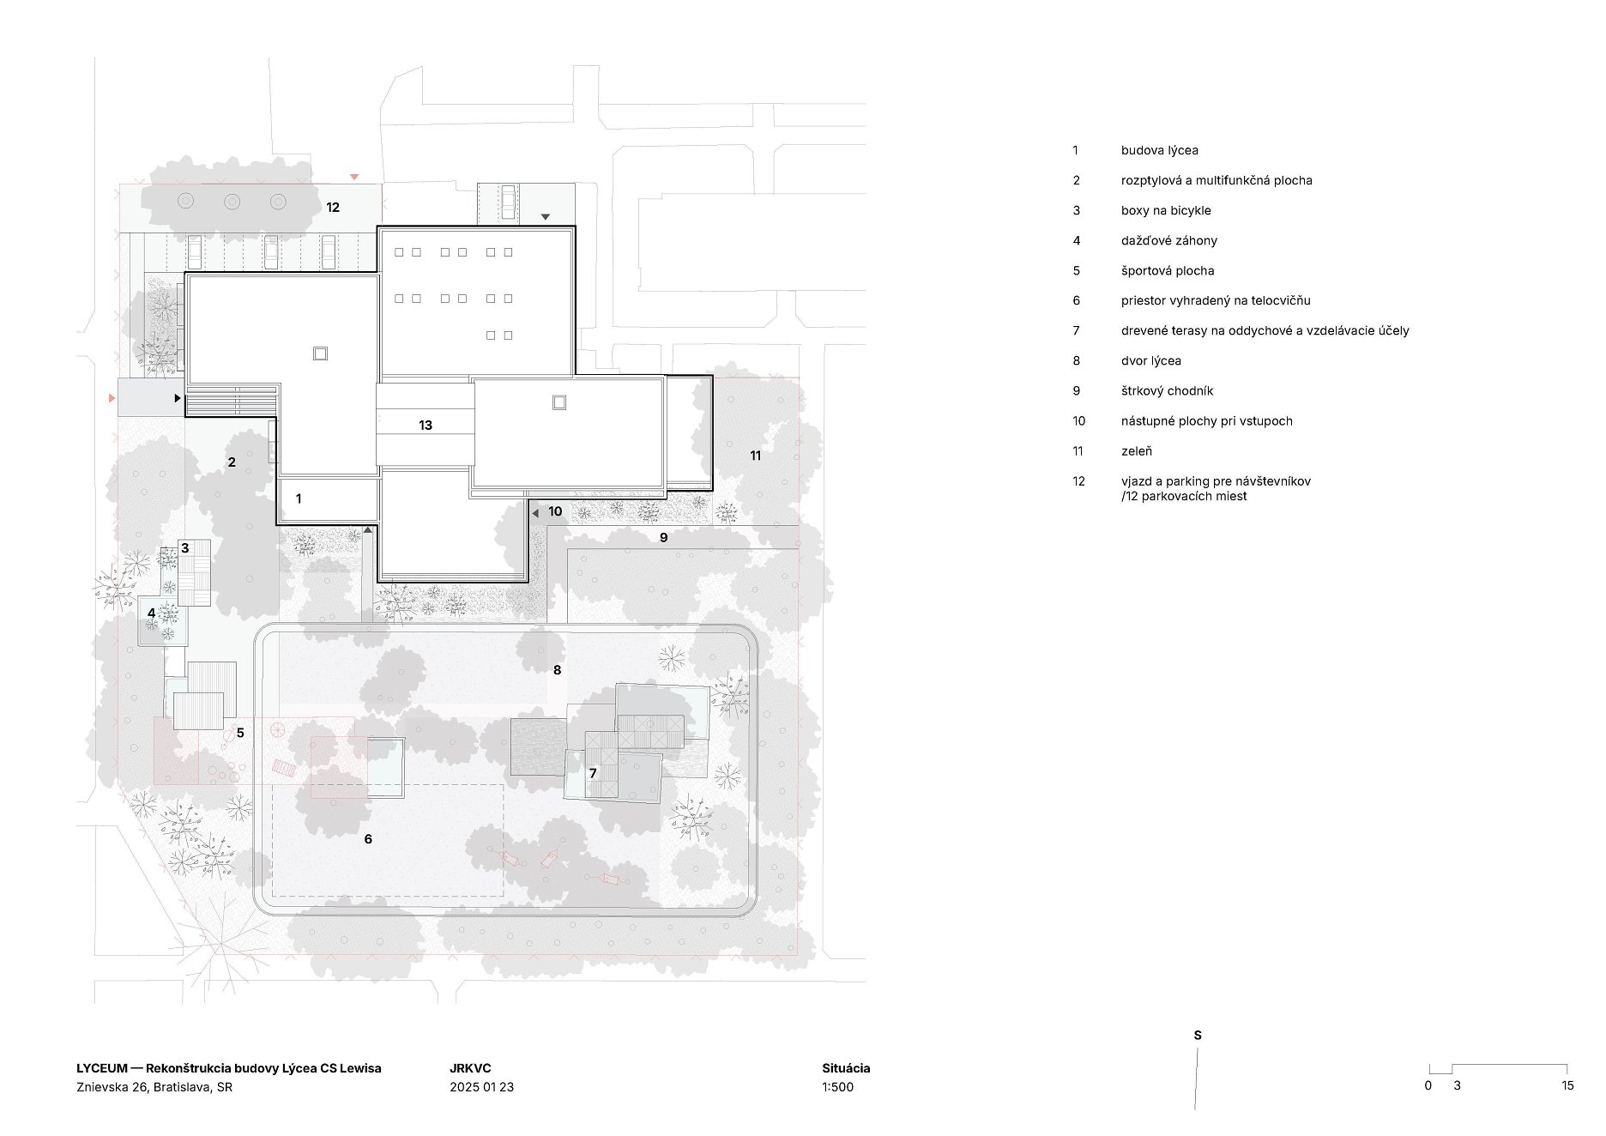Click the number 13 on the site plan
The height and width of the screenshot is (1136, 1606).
426,425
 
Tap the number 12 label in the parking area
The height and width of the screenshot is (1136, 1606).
333,207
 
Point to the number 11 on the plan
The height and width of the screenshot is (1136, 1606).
756,456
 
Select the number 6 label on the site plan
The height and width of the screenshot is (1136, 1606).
368,839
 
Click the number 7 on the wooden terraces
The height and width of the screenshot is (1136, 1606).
593,774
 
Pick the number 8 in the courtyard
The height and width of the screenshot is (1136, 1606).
557,670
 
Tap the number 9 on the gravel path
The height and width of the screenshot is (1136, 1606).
663,538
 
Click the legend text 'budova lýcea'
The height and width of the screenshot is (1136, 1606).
1159,150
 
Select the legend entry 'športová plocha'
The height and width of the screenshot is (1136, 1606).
1168,271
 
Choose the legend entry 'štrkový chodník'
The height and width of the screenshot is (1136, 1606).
1167,391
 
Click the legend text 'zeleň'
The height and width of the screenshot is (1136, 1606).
1137,451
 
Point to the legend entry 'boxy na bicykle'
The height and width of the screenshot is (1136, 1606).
1166,211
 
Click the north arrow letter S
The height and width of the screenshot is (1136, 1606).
1198,1036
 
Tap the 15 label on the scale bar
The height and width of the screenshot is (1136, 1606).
1567,1085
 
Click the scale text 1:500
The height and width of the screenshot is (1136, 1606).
837,1087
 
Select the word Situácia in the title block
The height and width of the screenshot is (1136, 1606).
846,1068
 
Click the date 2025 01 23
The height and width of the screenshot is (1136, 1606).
481,1087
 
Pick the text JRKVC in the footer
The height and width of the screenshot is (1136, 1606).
470,1068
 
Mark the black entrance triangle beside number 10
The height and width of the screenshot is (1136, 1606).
535,513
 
